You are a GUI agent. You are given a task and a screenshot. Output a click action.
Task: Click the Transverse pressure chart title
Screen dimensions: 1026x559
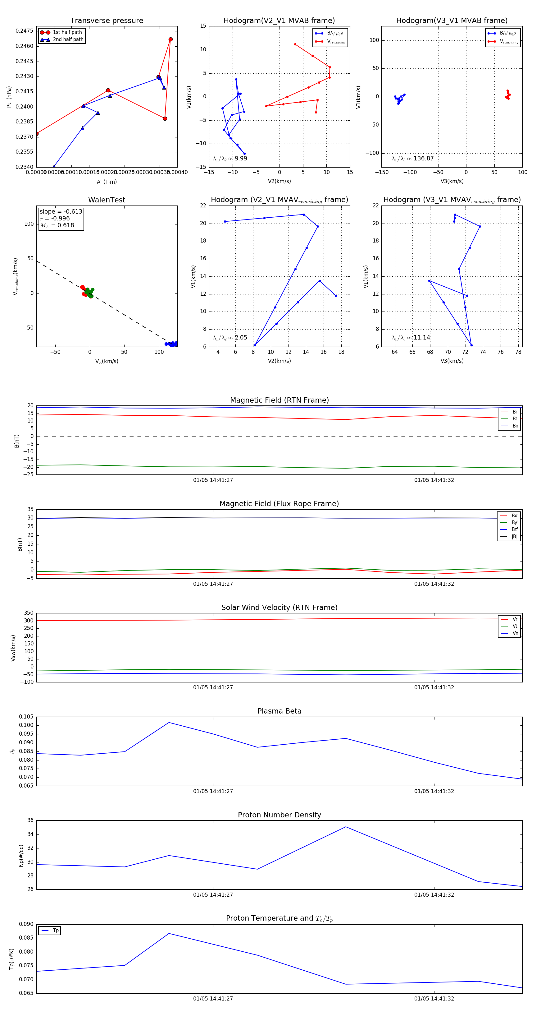coord(107,21)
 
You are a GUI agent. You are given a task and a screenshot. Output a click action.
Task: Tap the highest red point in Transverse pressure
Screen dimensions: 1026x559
coord(170,39)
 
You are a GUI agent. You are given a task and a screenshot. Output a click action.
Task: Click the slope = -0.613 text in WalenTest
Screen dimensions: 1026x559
coord(61,211)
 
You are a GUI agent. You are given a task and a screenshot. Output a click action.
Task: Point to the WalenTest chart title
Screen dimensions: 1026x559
coord(107,200)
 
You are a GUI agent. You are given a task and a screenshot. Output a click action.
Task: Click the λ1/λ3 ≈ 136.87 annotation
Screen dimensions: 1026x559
coord(413,159)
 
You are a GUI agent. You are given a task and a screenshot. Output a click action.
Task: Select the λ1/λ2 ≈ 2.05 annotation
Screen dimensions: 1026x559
coord(230,338)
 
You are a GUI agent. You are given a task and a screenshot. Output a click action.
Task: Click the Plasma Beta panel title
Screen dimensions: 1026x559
coord(279,711)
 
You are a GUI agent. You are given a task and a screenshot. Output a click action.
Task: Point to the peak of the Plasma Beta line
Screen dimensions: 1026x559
coord(169,723)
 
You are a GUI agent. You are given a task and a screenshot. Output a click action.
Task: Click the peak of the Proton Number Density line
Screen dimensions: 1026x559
coord(346,827)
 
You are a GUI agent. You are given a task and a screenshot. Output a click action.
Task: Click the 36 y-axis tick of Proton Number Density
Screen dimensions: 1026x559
coord(30,820)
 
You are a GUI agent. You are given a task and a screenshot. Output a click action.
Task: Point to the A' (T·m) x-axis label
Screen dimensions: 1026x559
coord(107,182)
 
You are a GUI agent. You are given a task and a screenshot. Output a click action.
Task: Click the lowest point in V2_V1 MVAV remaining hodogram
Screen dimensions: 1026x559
coord(255,345)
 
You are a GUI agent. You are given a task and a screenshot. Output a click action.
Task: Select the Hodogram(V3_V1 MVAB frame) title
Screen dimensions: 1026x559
coord(452,21)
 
